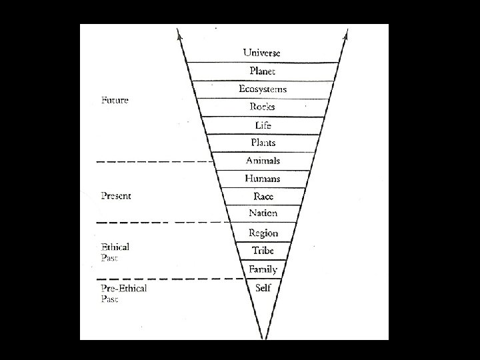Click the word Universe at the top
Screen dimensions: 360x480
coord(262,52)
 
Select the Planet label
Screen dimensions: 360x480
coord(262,71)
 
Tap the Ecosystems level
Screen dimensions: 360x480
coord(262,89)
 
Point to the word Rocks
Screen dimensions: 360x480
coord(262,107)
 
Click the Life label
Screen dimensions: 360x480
coord(262,125)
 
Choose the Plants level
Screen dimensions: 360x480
coord(262,143)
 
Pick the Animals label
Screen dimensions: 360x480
coord(262,161)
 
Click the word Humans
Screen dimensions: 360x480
coord(262,179)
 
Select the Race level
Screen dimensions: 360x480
coord(263,197)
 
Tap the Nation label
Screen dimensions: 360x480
coord(263,214)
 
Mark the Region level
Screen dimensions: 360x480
coord(263,233)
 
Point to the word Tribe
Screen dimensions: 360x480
coord(263,251)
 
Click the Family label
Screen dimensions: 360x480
coord(263,269)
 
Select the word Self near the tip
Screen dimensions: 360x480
coord(263,288)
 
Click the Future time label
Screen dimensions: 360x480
coord(114,101)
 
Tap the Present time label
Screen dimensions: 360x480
coord(115,196)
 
